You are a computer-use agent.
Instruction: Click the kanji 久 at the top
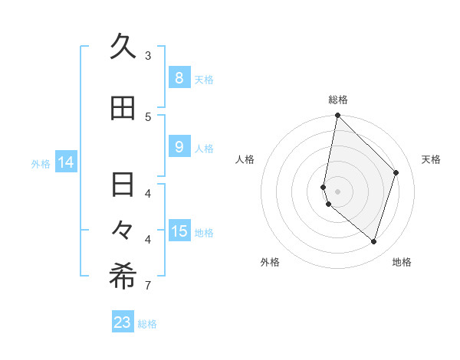coord(123,47)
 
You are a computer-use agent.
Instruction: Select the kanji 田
coord(123,109)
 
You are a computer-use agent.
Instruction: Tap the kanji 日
coord(123,185)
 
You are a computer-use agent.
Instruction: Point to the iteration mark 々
coord(123,229)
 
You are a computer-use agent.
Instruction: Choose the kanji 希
coord(123,277)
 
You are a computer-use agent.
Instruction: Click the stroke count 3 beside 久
coord(148,56)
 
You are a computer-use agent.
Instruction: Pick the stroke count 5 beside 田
coord(148,116)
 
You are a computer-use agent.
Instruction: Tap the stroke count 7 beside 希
coord(148,286)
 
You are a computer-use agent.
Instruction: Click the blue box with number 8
coord(179,77)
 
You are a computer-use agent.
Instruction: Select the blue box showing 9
coord(179,147)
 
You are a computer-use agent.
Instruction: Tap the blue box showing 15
coord(179,231)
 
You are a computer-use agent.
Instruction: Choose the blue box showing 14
coord(66,162)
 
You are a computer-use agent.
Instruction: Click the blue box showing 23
coord(123,322)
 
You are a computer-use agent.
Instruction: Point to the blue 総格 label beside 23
coord(147,324)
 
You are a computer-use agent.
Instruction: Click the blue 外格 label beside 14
coord(41,163)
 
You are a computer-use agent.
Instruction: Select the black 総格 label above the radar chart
coord(337,100)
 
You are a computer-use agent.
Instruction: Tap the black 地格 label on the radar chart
coord(402,262)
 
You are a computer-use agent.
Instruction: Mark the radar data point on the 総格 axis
coord(337,116)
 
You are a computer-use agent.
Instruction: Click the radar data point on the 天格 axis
coord(396,172)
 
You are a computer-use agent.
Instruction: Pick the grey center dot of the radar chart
coord(337,191)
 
